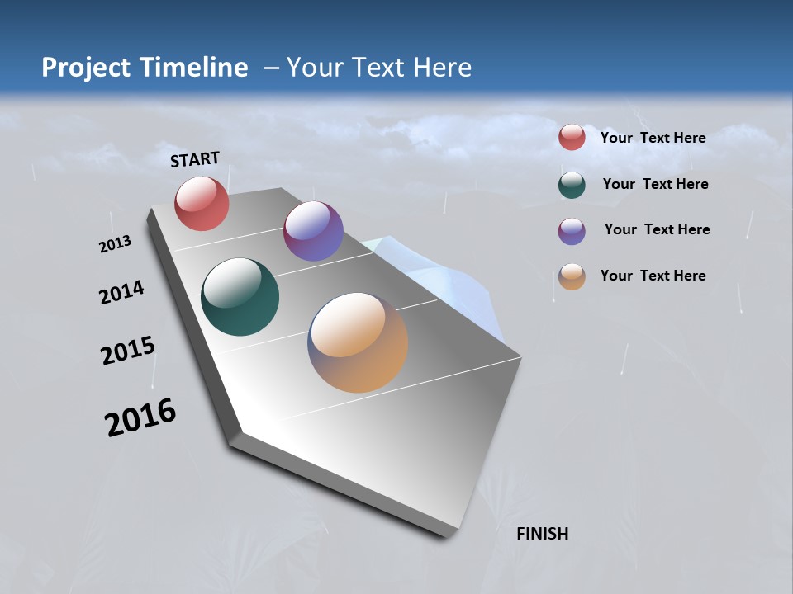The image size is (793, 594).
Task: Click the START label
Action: coord(195,159)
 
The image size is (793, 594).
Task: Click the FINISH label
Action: coord(542,534)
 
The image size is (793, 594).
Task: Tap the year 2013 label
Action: coord(115,244)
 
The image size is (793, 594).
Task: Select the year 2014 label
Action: coord(121,292)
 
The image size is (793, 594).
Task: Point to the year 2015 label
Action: coord(128,351)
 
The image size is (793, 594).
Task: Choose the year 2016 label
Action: coord(140,417)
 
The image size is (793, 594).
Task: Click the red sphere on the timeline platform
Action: coord(202,203)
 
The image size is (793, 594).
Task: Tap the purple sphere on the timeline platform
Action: coord(313,231)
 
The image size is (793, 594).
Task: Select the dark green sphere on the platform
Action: coord(240,297)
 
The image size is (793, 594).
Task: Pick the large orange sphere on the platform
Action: coord(358,342)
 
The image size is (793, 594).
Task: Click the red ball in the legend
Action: coord(572,137)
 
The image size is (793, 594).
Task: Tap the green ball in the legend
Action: coord(572,185)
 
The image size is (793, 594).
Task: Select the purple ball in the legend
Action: coord(572,231)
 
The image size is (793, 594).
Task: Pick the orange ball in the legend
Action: coord(572,276)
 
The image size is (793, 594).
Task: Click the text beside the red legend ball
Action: coord(653,138)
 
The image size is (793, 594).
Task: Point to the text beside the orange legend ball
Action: coord(653,276)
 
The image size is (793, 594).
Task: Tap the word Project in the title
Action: coord(82,68)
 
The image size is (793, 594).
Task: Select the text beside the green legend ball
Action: coord(655,184)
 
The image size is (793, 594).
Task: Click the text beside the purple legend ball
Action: coord(657,229)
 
